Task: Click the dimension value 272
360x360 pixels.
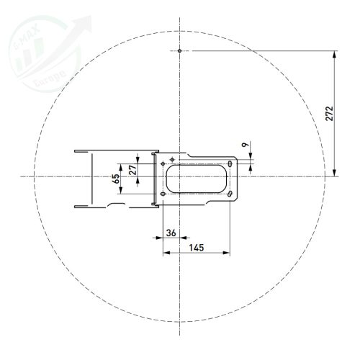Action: click(329, 113)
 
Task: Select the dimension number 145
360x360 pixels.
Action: click(196, 247)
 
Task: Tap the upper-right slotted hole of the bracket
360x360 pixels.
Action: click(230, 164)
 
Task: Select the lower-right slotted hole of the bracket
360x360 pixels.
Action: click(230, 192)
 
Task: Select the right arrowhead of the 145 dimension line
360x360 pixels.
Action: click(227, 253)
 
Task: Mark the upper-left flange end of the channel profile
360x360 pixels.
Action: click(76, 150)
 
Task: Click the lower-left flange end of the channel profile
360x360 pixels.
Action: click(76, 205)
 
